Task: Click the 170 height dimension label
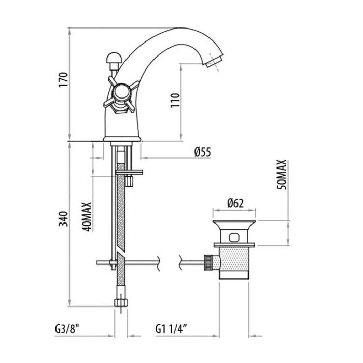click(x=63, y=80)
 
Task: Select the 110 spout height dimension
click(x=175, y=100)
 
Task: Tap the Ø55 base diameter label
click(x=203, y=152)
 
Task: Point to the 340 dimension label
click(x=63, y=219)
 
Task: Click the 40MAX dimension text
click(x=87, y=217)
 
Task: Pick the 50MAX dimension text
click(x=282, y=175)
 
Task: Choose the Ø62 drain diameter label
click(x=235, y=203)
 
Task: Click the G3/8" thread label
click(x=67, y=329)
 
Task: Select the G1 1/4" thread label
click(x=171, y=329)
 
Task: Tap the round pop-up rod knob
click(x=113, y=58)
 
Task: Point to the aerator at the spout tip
click(x=214, y=62)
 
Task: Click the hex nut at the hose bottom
click(x=121, y=302)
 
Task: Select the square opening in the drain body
click(x=233, y=237)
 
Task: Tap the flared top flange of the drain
click(x=234, y=225)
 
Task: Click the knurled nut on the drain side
click(x=208, y=262)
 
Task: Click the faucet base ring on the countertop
click(x=122, y=139)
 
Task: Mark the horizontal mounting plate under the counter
click(x=129, y=172)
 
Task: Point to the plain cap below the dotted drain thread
click(x=234, y=275)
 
